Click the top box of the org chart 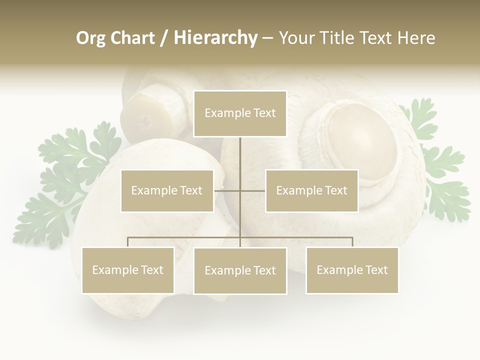240,113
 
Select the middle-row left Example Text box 167,190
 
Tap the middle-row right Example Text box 311,190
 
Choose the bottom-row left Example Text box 128,270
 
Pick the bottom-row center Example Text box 240,270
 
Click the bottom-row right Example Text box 352,270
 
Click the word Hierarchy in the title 215,38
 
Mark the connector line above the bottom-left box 128,242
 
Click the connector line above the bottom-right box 352,242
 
